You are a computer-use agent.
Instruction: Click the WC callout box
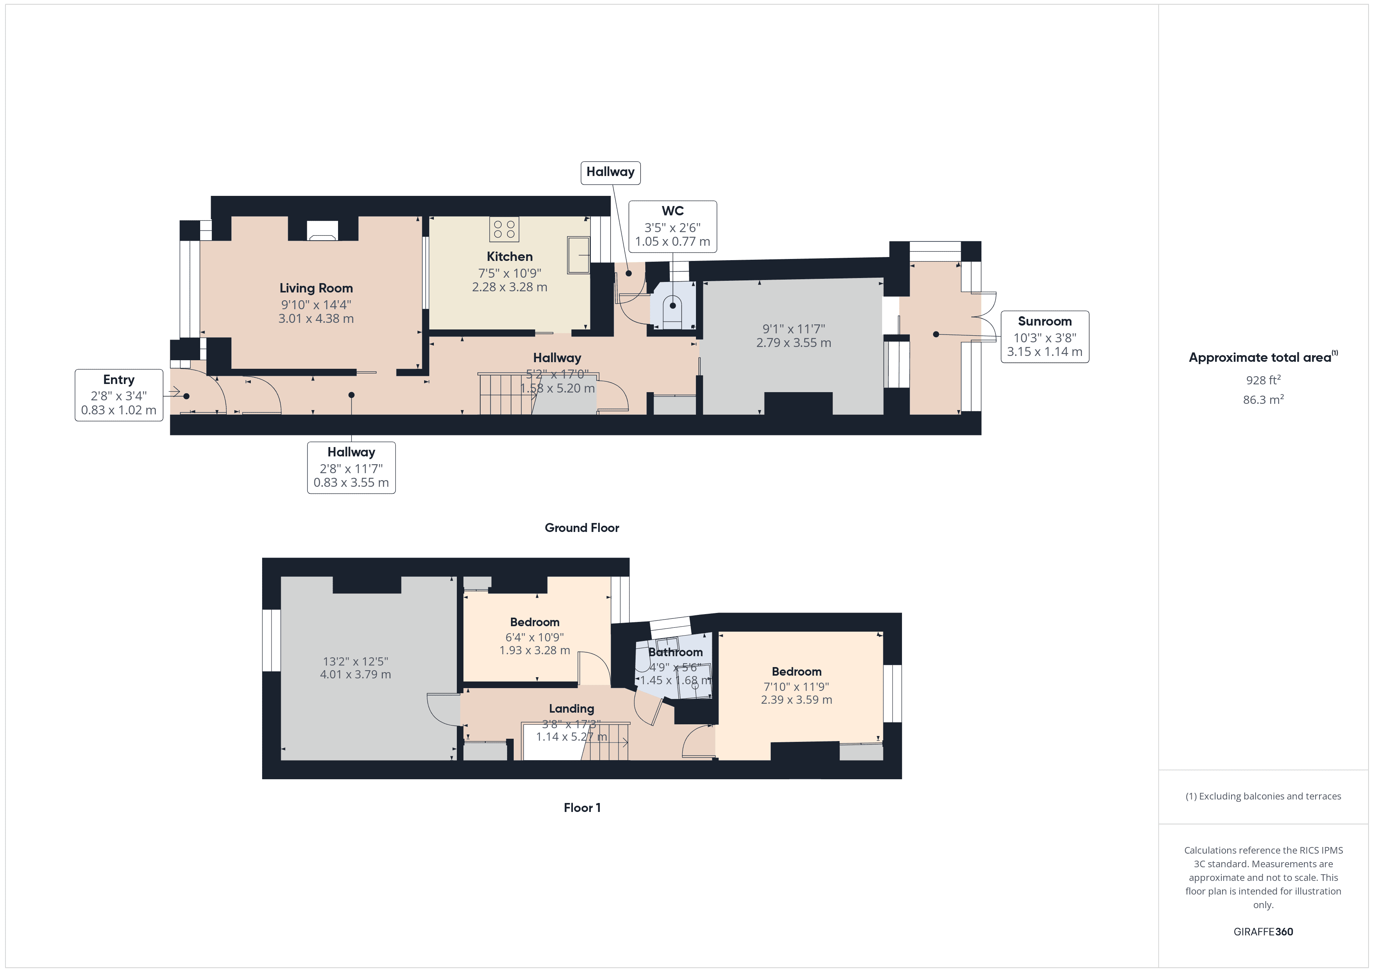[672, 226]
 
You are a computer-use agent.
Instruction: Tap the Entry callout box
[118, 395]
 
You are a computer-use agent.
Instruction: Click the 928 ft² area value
[1263, 380]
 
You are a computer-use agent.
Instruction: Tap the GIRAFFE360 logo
[1263, 932]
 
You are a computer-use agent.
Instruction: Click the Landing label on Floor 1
[571, 709]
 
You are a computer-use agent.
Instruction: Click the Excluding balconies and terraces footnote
[1263, 796]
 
